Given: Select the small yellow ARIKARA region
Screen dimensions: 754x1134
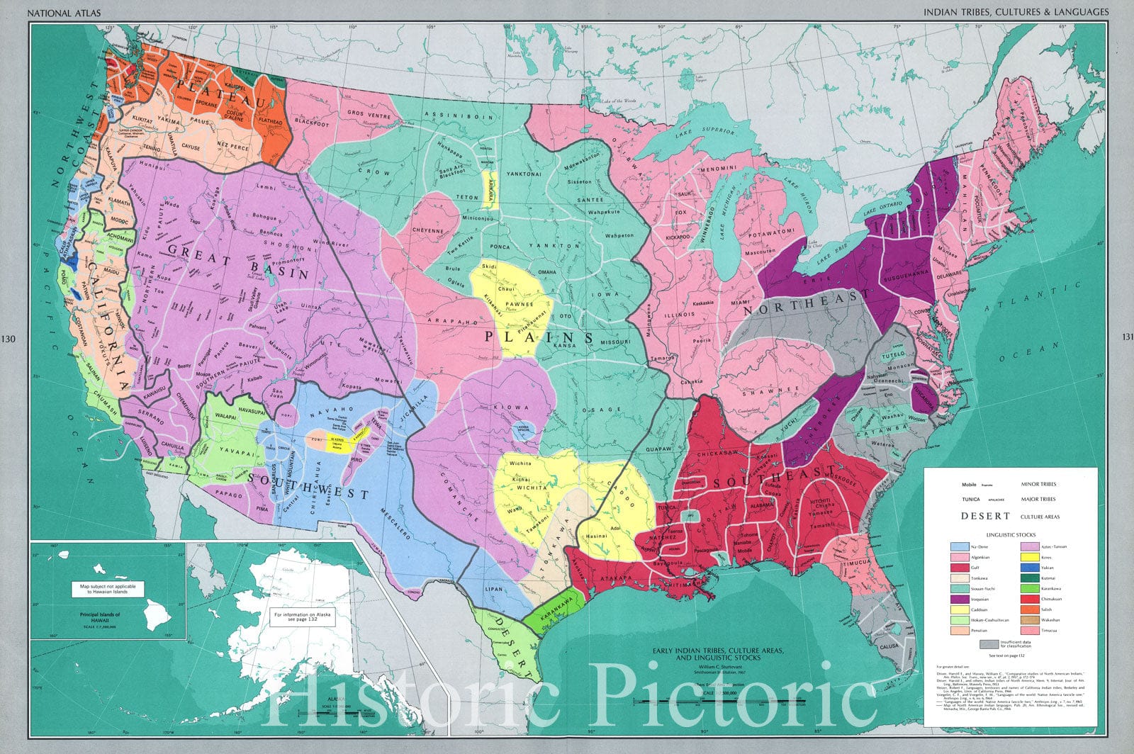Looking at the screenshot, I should click(488, 188).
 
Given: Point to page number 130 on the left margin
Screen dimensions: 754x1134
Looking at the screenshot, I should click(9, 339).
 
